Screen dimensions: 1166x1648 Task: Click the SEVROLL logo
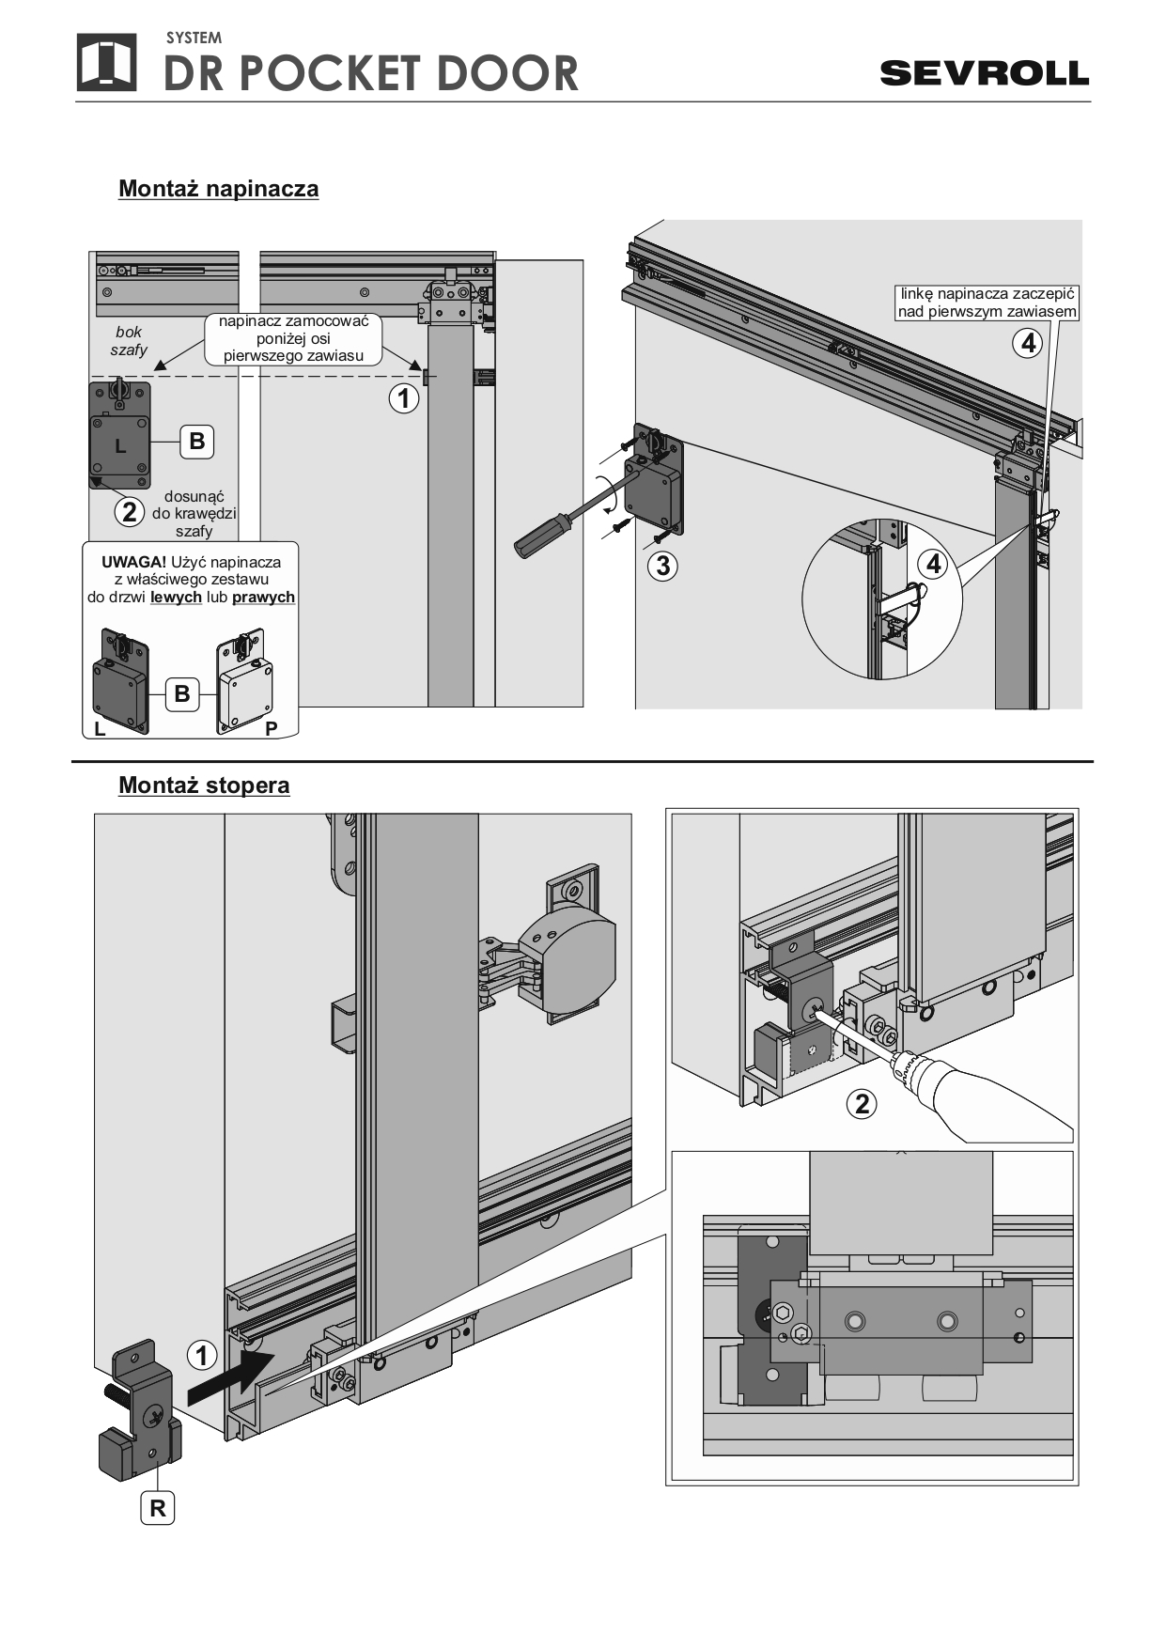coord(984,73)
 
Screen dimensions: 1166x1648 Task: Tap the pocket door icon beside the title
coord(106,62)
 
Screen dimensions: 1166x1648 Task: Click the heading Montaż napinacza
coord(218,189)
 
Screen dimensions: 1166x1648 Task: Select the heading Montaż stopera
coord(204,785)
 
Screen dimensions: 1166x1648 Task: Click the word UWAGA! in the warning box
coord(133,562)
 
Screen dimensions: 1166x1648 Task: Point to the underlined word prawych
coord(263,598)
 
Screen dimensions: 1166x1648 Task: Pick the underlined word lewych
coord(176,598)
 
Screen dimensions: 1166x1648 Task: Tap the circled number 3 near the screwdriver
coord(662,566)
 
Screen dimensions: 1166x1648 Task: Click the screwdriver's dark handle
coord(539,535)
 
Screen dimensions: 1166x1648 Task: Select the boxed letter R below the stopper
coord(158,1508)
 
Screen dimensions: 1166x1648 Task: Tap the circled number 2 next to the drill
coord(862,1104)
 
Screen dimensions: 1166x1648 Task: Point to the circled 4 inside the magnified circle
coord(933,564)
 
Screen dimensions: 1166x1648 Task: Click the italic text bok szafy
coord(129,341)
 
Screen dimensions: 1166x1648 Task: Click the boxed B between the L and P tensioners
coord(182,694)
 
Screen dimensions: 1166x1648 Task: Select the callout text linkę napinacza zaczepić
coord(987,294)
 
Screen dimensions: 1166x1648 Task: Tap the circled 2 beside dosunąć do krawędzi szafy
coord(130,512)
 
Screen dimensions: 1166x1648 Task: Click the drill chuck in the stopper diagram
coord(907,1065)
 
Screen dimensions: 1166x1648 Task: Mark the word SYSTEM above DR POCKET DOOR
coord(194,38)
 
